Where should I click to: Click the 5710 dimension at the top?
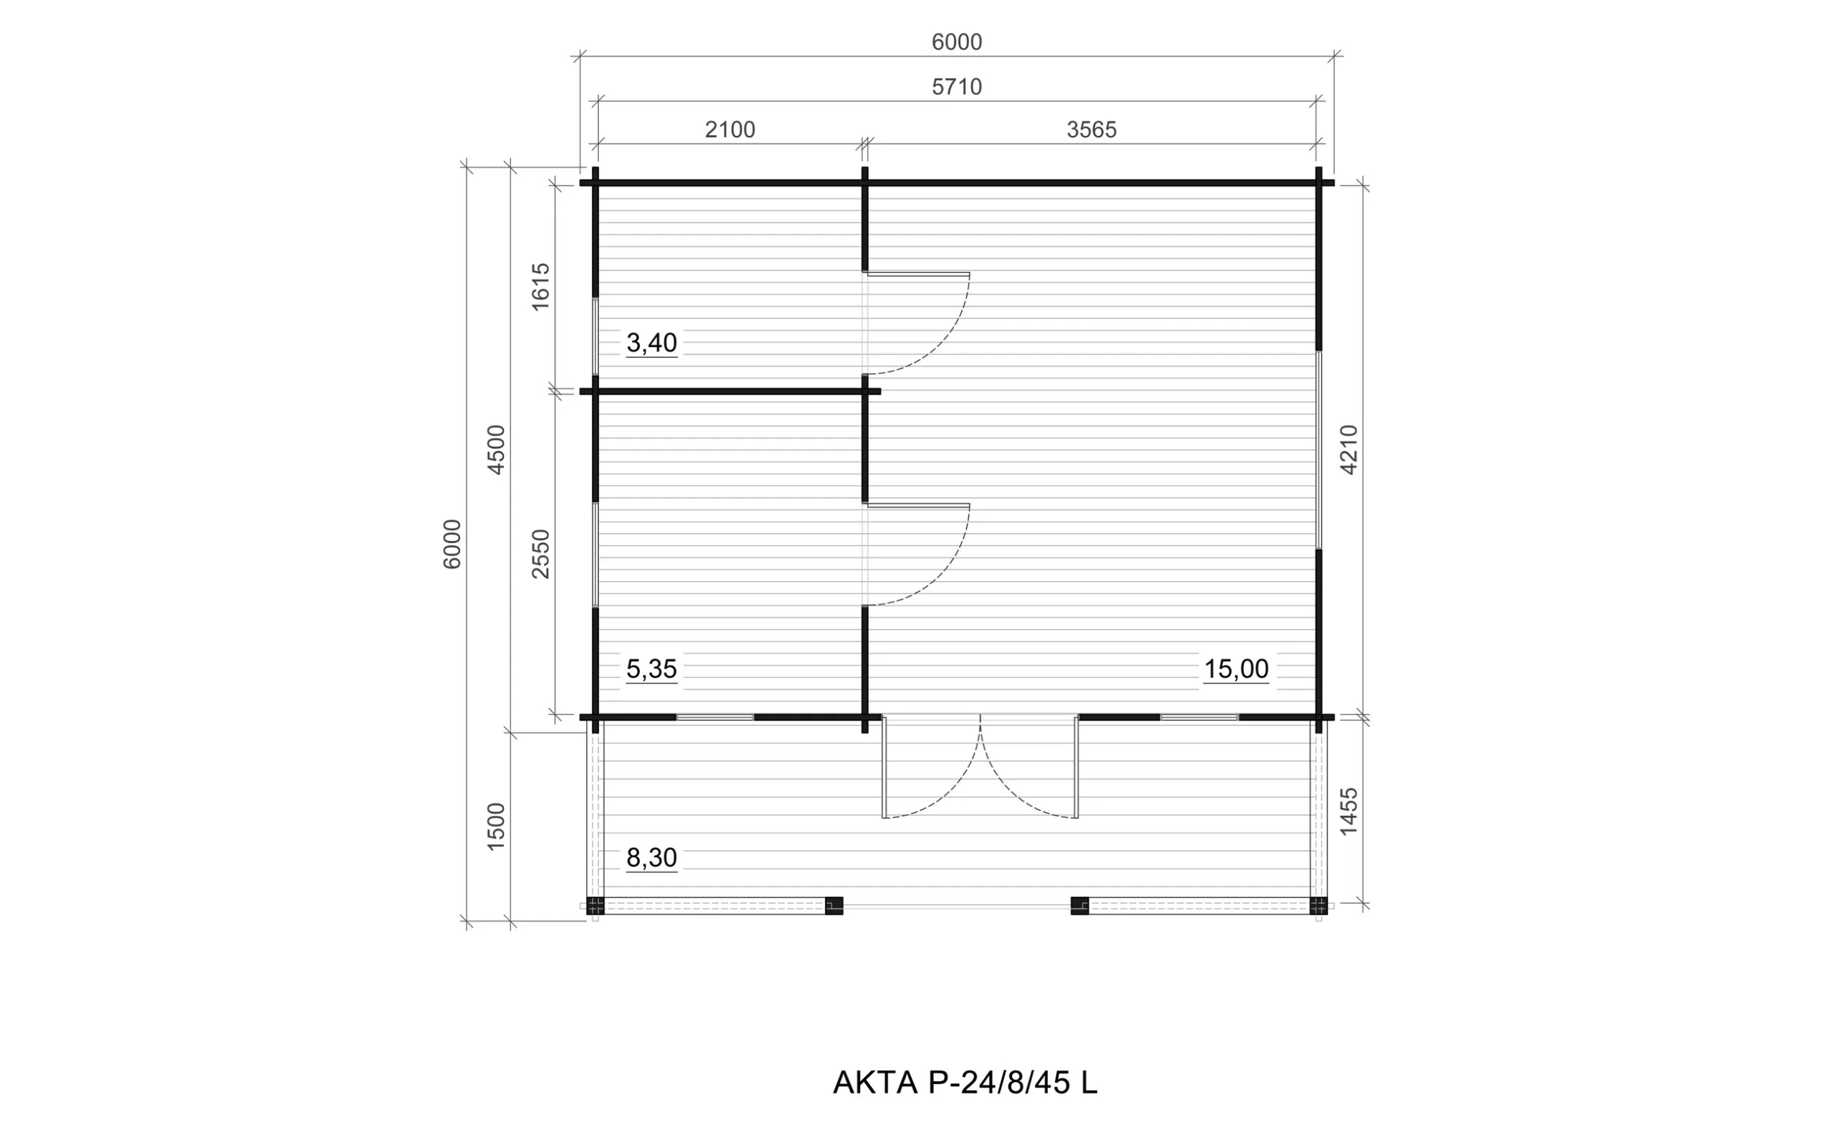click(956, 87)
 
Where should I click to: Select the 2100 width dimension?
click(730, 130)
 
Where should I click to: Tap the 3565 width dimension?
click(1091, 130)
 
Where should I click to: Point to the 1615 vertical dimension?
click(540, 286)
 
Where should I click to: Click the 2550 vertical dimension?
click(540, 554)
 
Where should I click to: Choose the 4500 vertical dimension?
click(496, 449)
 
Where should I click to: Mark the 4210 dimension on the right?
click(1349, 449)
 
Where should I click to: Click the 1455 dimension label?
click(1349, 811)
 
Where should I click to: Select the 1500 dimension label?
click(496, 826)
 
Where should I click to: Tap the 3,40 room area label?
click(651, 343)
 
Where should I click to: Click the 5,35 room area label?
click(651, 669)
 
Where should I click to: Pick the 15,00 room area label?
click(1237, 669)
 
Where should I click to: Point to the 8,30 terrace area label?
click(651, 858)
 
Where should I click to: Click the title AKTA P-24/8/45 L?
click(965, 1083)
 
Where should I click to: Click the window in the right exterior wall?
click(1318, 450)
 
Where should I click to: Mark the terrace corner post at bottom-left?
click(595, 906)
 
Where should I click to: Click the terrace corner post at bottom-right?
click(1318, 906)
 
